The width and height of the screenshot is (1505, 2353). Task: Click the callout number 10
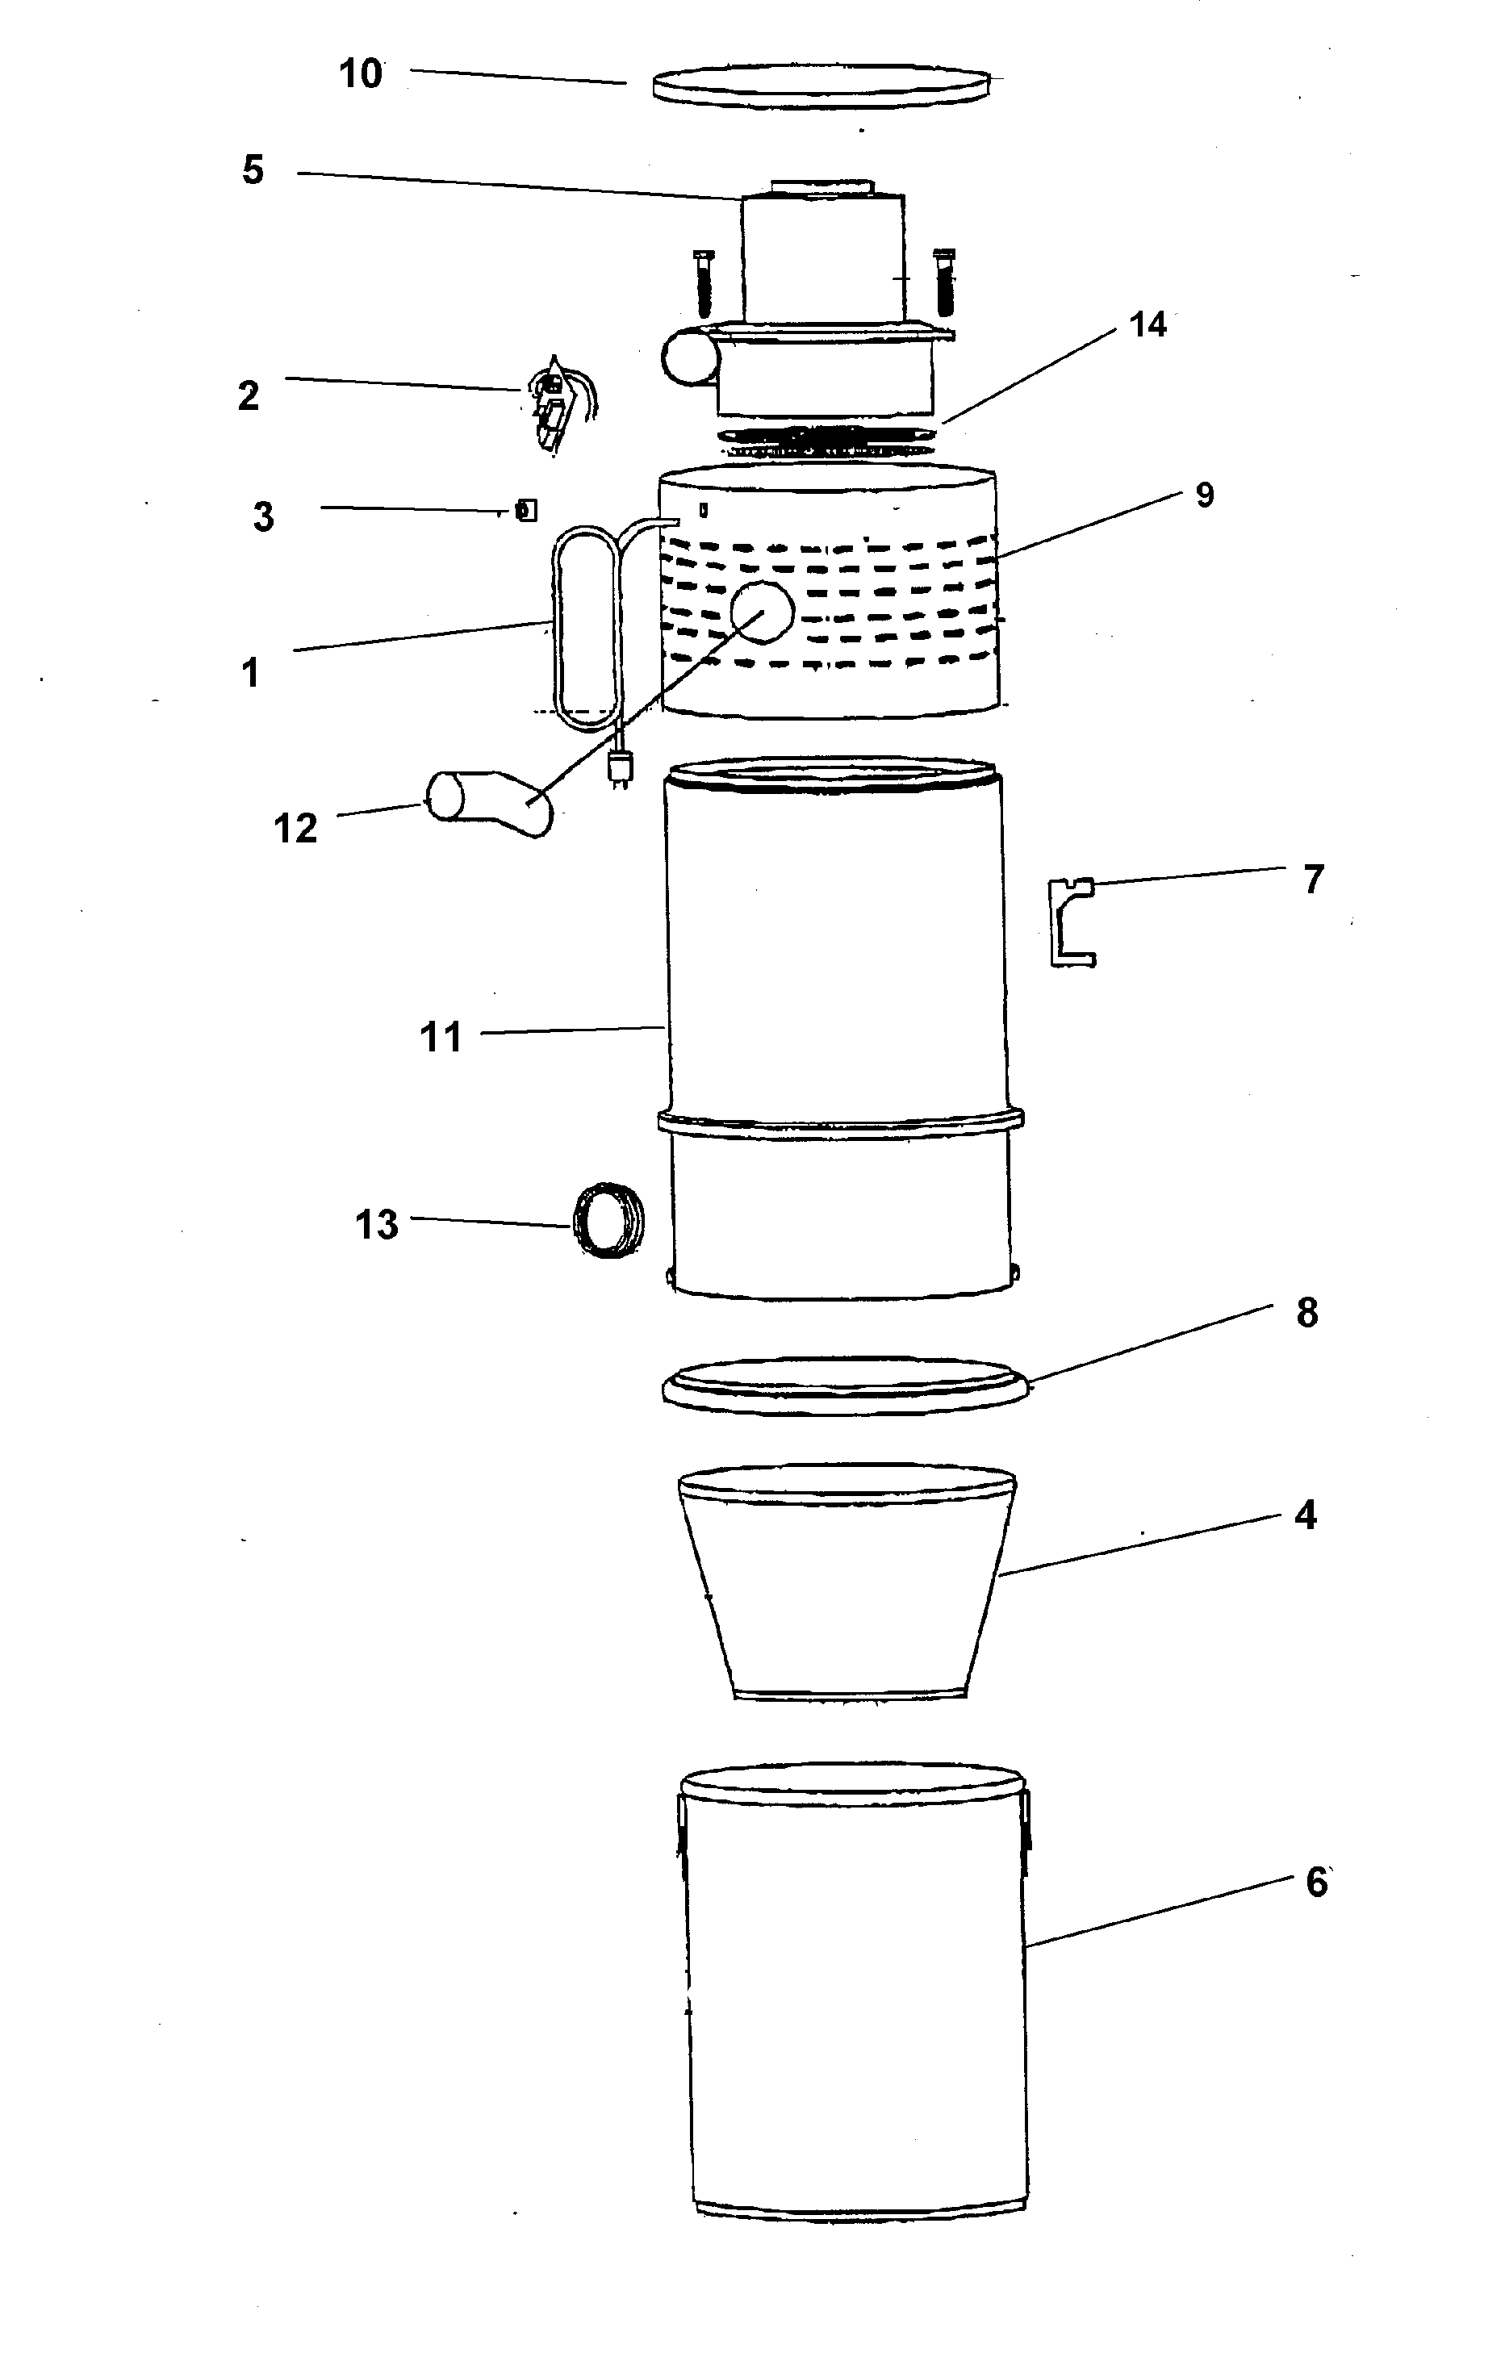click(361, 74)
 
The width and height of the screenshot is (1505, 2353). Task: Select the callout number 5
click(253, 170)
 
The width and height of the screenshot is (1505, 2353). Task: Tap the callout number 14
click(1148, 324)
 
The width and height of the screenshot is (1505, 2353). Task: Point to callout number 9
click(1205, 495)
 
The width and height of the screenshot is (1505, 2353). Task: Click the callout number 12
click(296, 829)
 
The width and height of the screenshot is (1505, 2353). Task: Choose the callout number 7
click(1314, 880)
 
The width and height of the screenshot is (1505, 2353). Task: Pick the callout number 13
click(377, 1224)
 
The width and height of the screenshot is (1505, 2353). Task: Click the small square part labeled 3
click(526, 510)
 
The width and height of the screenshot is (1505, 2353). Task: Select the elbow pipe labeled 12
click(489, 803)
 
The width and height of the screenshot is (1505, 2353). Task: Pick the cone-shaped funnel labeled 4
click(847, 1583)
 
